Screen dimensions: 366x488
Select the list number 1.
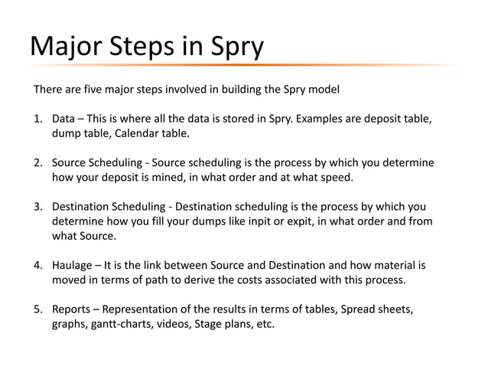click(37, 119)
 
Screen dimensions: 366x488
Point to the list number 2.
click(37, 163)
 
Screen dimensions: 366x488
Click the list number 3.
click(37, 207)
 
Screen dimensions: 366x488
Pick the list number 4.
click(37, 265)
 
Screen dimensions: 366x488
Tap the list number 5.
click(37, 309)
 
